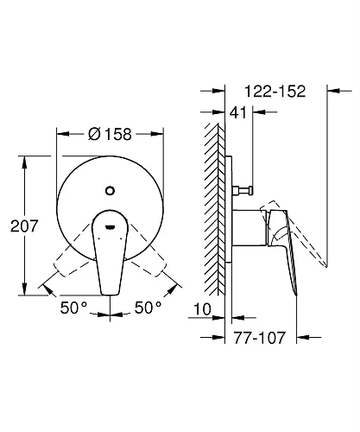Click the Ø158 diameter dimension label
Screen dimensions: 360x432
click(110, 134)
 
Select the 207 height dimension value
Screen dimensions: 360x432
click(24, 226)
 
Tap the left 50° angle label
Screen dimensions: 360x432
click(73, 308)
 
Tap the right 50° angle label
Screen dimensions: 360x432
click(148, 308)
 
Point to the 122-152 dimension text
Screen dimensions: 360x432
click(275, 92)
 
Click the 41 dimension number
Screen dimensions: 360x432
click(238, 112)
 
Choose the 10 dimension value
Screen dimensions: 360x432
click(202, 309)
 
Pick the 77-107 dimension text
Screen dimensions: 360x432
click(260, 337)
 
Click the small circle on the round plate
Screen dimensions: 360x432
click(110, 191)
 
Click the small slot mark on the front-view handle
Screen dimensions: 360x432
click(110, 227)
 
